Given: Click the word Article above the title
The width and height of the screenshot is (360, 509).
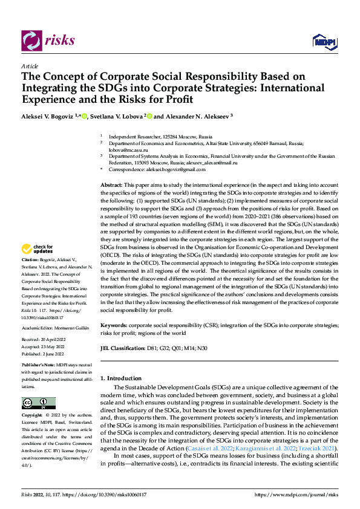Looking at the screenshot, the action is [x=30, y=66].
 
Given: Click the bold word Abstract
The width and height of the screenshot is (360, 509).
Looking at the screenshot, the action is [x=111, y=183].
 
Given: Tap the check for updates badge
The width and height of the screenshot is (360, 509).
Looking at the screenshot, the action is [x=37, y=249].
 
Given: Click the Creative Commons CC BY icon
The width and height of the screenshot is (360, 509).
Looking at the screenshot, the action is [x=38, y=403].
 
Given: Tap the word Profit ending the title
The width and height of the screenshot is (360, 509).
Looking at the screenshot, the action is [x=178, y=99].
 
